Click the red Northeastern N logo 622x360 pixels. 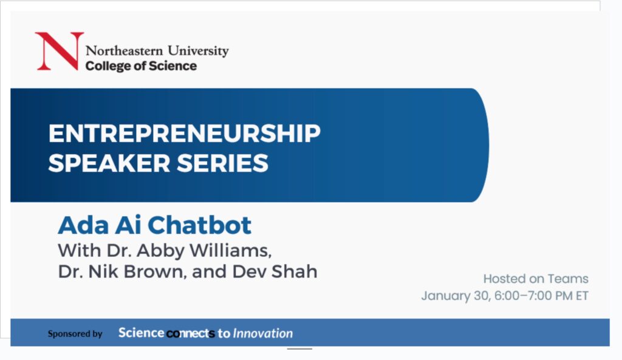coord(60,51)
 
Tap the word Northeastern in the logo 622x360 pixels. coord(124,51)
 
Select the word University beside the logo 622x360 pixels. coord(198,51)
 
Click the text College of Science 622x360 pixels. coord(141,66)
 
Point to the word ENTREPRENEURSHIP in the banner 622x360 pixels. coord(185,133)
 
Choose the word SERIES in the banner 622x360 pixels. coord(222,163)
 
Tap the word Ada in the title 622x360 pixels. coord(83,225)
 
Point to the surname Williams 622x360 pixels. coord(230,251)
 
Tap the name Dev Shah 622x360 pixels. coord(275,271)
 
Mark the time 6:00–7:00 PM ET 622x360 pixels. coord(541,296)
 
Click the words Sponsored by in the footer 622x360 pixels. coord(75,334)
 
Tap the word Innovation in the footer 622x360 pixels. coord(262,333)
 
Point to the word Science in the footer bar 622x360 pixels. coord(141,333)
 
